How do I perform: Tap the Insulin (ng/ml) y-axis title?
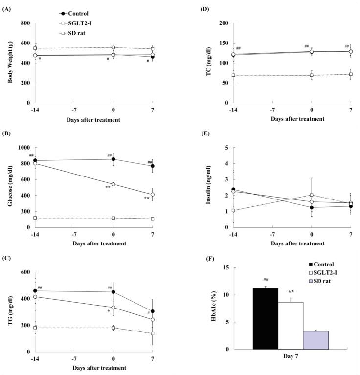207,187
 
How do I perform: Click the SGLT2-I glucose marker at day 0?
113,184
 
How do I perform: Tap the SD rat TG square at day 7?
153,333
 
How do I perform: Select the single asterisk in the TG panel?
109,310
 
